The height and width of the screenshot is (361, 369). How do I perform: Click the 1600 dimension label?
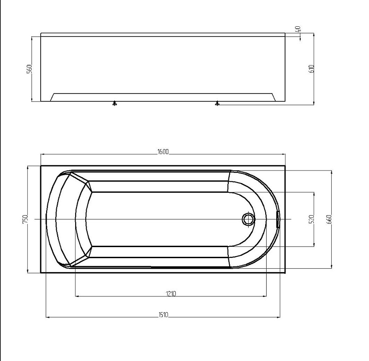coord(163,152)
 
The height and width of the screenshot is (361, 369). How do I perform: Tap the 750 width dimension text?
coord(25,219)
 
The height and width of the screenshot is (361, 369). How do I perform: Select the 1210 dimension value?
coord(171,294)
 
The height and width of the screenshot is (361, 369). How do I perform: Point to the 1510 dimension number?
coord(163,315)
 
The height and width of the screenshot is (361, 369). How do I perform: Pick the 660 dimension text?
coord(329,219)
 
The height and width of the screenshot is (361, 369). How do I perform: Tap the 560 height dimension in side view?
coord(30,69)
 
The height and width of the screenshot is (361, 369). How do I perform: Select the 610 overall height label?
coord(311,69)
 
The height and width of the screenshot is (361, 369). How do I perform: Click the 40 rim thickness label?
coord(298,29)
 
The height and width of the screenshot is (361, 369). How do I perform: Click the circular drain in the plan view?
coord(248,219)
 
